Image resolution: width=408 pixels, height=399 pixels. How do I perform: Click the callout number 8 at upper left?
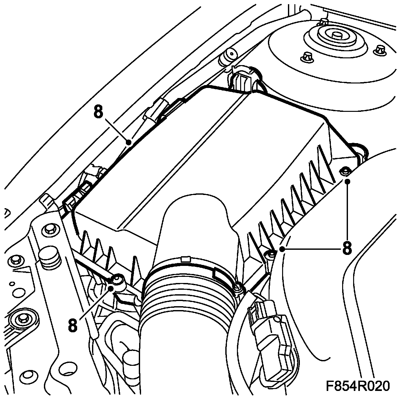click(98, 112)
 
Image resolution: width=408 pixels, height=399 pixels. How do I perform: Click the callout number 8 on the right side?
click(347, 248)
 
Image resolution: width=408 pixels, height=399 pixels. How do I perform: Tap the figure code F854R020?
click(357, 385)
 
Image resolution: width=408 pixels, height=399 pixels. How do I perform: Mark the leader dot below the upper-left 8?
click(128, 141)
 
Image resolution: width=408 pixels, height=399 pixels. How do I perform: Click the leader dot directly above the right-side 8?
click(347, 181)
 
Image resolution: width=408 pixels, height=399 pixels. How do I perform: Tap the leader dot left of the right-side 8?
click(282, 248)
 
